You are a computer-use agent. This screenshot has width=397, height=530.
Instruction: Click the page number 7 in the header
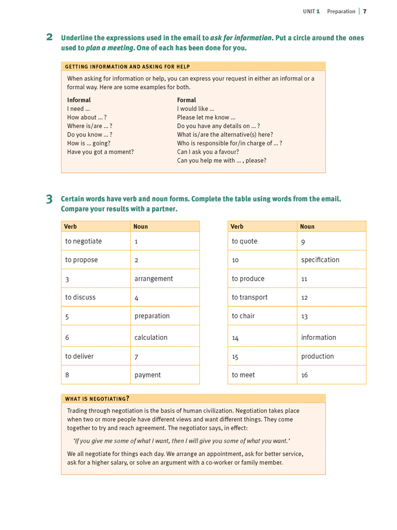click(x=364, y=11)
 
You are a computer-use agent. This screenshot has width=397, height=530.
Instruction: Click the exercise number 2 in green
click(x=50, y=37)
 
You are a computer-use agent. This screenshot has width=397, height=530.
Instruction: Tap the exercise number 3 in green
click(x=50, y=199)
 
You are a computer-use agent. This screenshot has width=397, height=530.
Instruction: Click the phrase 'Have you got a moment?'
click(x=100, y=152)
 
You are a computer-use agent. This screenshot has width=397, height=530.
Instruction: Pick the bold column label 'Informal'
click(x=79, y=100)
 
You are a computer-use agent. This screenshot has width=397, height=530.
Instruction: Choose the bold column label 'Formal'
click(x=186, y=100)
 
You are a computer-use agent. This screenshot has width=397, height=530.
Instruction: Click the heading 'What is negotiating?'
click(x=97, y=398)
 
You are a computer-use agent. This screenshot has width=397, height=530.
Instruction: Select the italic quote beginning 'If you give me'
click(x=181, y=440)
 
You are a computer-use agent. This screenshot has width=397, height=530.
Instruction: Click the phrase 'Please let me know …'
click(x=206, y=118)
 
